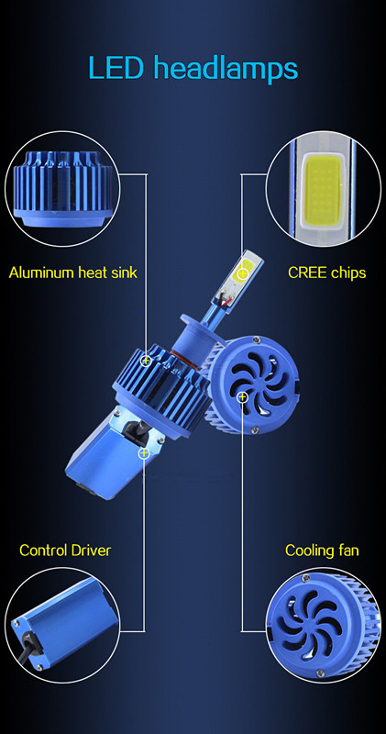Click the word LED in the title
pos(116,67)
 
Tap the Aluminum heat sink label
pos(73,272)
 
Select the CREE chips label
pos(326,272)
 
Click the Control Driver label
pos(65,550)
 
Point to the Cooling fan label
pos(322,550)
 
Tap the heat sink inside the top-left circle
pos(63,185)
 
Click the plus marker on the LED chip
pos(243,273)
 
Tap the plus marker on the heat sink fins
pos(146,361)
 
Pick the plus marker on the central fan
pos(242,397)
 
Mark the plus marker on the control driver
pos(144,452)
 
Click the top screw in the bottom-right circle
pos(307,578)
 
